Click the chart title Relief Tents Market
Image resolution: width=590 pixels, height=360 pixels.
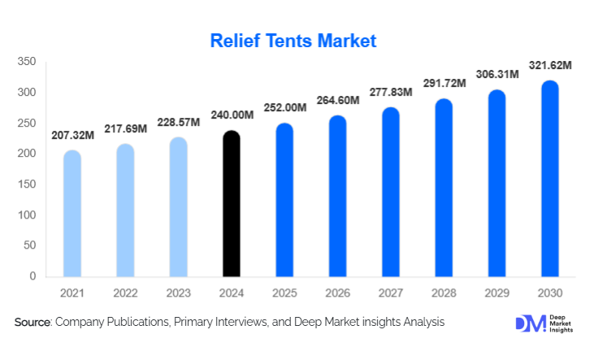pos(293,40)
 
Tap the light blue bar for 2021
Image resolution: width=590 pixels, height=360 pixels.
pos(72,213)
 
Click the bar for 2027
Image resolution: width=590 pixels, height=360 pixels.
pos(390,192)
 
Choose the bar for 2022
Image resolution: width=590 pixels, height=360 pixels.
pos(125,210)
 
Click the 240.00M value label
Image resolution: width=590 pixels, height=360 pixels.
pos(231,115)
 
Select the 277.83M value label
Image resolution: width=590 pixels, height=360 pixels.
pos(390,93)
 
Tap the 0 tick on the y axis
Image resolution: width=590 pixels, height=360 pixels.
pos(33,276)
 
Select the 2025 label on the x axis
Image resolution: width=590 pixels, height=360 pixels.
pos(284,293)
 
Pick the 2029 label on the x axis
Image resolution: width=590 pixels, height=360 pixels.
pos(497,293)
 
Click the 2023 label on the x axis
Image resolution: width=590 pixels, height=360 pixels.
pos(178,293)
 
